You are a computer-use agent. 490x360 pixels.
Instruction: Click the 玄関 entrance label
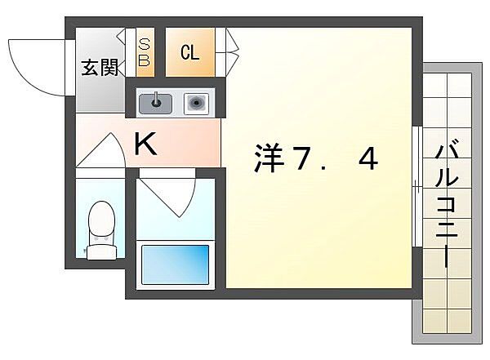(x=100, y=68)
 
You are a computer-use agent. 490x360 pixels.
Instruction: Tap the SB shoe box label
(x=145, y=52)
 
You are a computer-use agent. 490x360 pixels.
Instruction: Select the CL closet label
(x=189, y=54)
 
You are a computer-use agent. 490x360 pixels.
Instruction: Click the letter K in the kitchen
(x=145, y=145)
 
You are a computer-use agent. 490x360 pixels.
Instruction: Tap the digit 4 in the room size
(x=367, y=160)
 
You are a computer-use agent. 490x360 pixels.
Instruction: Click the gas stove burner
(x=196, y=103)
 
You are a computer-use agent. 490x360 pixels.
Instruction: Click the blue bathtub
(x=176, y=264)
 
